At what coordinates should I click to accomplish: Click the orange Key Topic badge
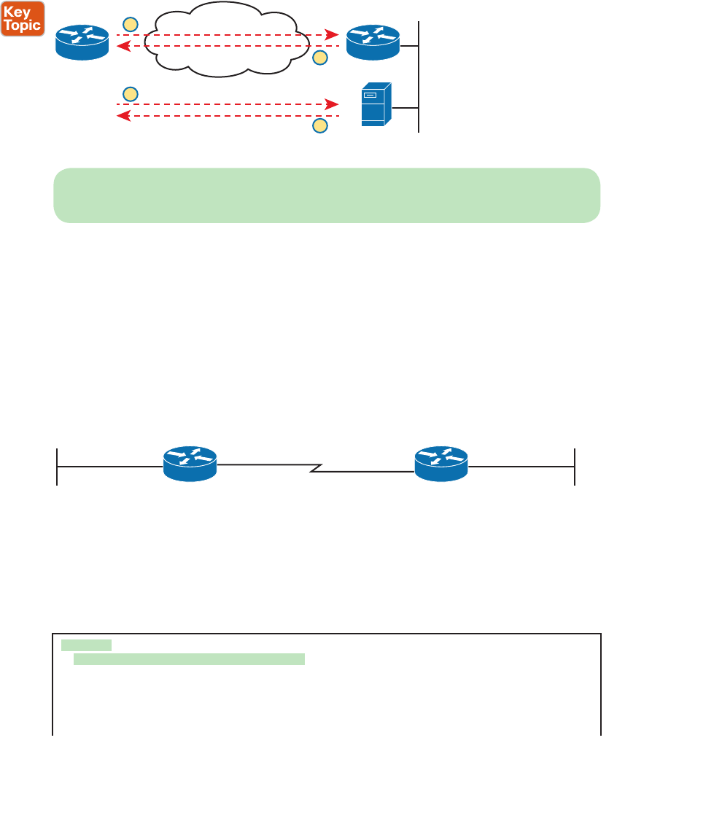point(23,18)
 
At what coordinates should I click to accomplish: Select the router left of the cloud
point(82,42)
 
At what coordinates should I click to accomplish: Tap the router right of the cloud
point(373,42)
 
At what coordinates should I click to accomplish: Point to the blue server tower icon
point(376,105)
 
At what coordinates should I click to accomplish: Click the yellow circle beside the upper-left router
point(130,24)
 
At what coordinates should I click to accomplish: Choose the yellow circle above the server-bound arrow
point(130,93)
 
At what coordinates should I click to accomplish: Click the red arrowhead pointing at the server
point(333,104)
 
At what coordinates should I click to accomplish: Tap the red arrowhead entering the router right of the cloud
point(333,34)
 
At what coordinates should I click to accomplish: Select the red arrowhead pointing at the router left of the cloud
point(123,46)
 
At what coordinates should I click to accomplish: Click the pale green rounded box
point(326,195)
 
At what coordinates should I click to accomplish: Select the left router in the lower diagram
point(190,464)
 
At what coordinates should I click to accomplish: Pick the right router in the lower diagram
point(442,464)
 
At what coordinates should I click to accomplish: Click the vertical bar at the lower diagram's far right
point(575,467)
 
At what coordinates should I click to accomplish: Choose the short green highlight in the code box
point(86,645)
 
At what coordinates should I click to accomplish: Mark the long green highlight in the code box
point(189,659)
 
